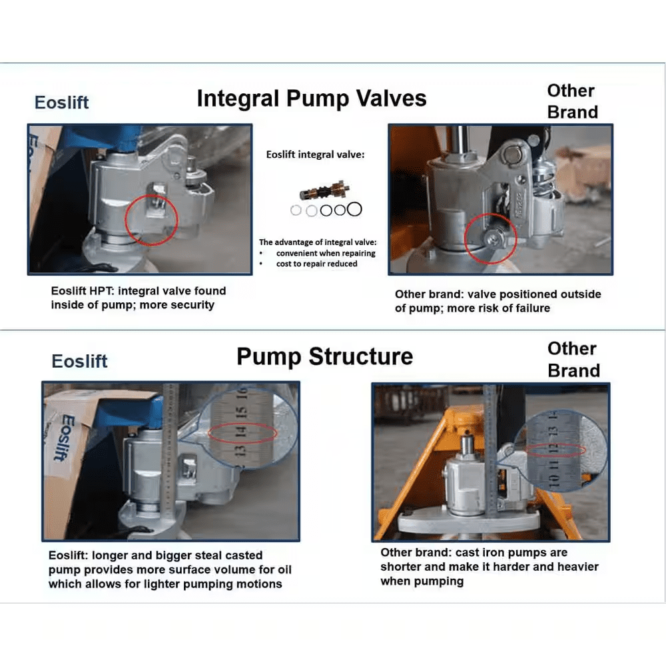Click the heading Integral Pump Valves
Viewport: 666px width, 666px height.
pos(311,99)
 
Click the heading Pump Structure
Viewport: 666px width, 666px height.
pos(324,356)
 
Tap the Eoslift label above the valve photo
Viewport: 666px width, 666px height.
pos(61,103)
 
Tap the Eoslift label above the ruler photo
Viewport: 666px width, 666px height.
pos(79,361)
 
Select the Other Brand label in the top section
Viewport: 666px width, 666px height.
pos(572,101)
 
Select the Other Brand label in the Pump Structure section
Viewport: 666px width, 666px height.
pos(573,359)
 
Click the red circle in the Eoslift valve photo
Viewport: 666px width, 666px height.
pos(151,216)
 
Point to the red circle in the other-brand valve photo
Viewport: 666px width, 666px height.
pos(492,238)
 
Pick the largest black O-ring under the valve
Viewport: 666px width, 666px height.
pos(354,209)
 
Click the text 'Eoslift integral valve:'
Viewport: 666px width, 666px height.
pos(315,155)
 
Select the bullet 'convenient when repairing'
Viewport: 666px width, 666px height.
pos(326,253)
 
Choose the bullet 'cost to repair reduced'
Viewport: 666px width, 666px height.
pos(316,264)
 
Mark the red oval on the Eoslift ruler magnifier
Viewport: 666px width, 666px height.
pos(242,433)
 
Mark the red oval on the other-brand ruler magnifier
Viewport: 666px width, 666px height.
pos(555,452)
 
